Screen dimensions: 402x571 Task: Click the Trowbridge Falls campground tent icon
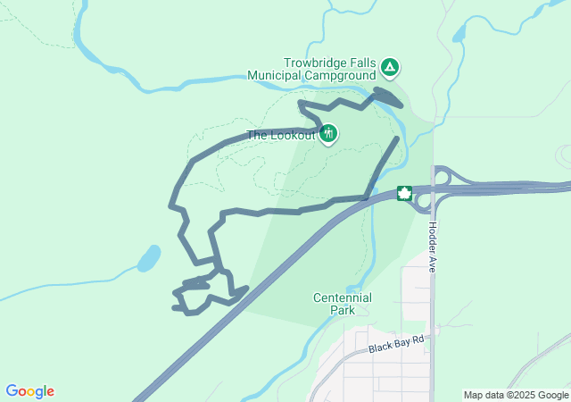pyautogui.click(x=390, y=66)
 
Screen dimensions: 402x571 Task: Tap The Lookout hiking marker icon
pyautogui.click(x=328, y=134)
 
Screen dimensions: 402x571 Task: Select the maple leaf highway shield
pyautogui.click(x=403, y=194)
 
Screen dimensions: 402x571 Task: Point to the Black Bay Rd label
pyautogui.click(x=399, y=344)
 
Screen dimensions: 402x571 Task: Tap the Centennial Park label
pyautogui.click(x=343, y=304)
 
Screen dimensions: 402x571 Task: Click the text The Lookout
pyautogui.click(x=281, y=135)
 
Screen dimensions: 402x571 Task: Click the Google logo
pyautogui.click(x=29, y=391)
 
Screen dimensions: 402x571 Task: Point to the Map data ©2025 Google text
pyautogui.click(x=516, y=395)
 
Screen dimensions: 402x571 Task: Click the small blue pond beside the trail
pyautogui.click(x=148, y=258)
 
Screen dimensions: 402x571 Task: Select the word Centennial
pyautogui.click(x=343, y=297)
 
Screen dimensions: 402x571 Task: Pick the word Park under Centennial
pyautogui.click(x=343, y=310)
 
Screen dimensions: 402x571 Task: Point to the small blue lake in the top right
pyautogui.click(x=460, y=32)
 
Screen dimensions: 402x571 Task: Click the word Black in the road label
pyautogui.click(x=381, y=347)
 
